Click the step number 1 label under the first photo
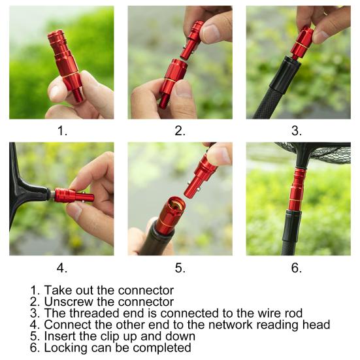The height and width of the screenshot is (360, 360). (61, 131)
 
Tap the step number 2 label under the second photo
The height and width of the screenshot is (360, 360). (180, 131)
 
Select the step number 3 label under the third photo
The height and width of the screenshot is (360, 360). (297, 131)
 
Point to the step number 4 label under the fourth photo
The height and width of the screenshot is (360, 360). (61, 267)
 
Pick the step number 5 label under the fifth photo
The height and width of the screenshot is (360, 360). (180, 267)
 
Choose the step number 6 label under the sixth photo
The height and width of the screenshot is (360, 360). (297, 267)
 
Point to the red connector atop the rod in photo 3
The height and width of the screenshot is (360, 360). (303, 42)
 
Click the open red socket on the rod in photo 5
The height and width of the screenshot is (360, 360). (169, 215)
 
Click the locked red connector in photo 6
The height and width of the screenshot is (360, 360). (297, 189)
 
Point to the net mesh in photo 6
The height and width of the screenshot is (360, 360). (327, 154)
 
